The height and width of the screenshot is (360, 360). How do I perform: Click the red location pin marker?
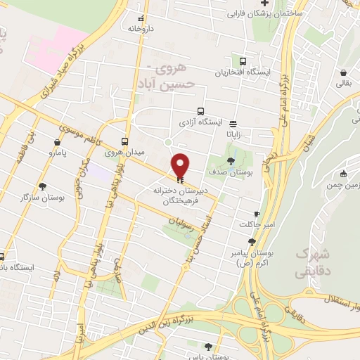click(181, 166)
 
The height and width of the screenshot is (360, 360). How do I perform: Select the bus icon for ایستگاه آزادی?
click(201, 112)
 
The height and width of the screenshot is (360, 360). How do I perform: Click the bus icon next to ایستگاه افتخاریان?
click(243, 61)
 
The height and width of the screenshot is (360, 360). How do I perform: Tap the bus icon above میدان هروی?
click(124, 141)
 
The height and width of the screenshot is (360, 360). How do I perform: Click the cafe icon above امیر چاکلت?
click(257, 214)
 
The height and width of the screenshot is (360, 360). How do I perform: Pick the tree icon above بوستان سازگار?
click(43, 187)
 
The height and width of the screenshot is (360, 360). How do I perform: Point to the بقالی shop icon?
click(342, 72)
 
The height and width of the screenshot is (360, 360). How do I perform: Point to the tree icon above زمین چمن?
click(343, 174)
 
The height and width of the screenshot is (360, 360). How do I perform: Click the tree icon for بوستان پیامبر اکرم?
click(252, 242)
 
